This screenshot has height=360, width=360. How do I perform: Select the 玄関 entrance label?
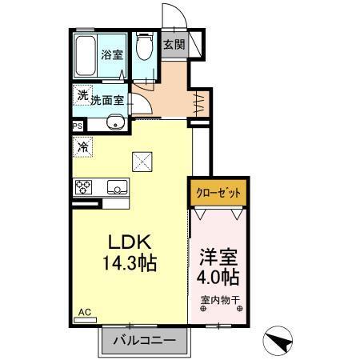pyautogui.click(x=174, y=45)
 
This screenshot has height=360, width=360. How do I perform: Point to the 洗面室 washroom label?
pyautogui.click(x=106, y=101)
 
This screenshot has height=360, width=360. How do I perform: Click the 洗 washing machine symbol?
pyautogui.click(x=83, y=95)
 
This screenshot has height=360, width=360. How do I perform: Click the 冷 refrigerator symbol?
pyautogui.click(x=83, y=146)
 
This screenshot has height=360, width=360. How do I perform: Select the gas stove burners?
pyautogui.click(x=85, y=188)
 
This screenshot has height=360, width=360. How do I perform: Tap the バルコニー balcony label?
pyautogui.click(x=145, y=341)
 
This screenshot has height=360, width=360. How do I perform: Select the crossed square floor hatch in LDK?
pyautogui.click(x=142, y=161)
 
